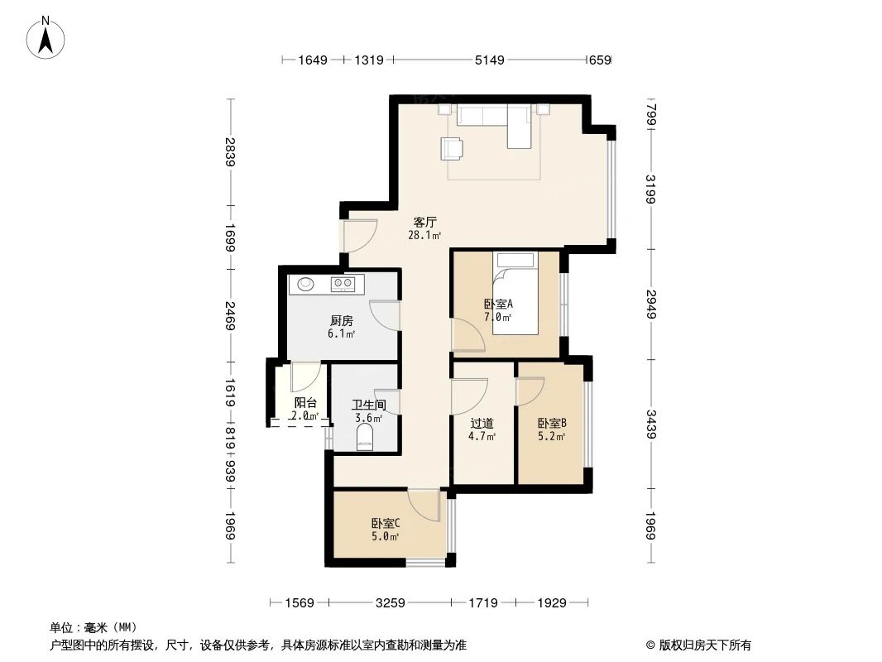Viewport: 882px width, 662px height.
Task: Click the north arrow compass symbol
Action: (x=47, y=37)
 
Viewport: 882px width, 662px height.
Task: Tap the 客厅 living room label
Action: (x=424, y=222)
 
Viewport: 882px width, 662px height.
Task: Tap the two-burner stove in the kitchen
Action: (x=343, y=284)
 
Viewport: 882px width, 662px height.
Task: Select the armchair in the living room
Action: (x=453, y=147)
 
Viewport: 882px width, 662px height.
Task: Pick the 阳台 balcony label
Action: (x=305, y=403)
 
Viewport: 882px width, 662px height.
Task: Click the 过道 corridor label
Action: (x=482, y=423)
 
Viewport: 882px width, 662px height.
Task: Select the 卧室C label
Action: (x=385, y=523)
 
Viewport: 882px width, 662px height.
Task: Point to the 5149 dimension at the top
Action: (x=488, y=60)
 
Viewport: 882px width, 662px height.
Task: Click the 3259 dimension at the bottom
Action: (x=389, y=603)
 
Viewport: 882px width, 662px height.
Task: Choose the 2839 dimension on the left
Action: (x=229, y=150)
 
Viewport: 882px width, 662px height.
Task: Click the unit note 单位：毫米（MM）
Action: (x=93, y=627)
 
